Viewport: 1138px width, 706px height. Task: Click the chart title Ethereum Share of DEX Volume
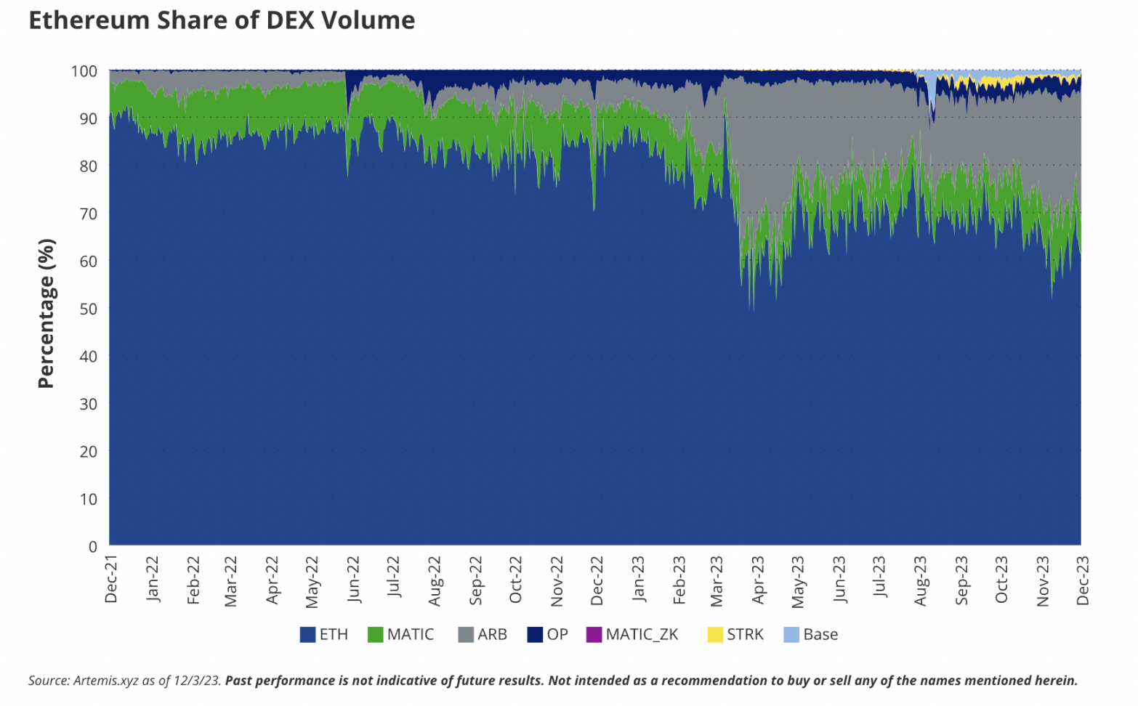pos(222,20)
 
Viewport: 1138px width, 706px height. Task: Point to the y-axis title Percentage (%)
pos(46,313)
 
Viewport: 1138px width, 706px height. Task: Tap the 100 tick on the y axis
pos(84,71)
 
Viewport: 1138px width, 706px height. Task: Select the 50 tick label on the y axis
pos(89,309)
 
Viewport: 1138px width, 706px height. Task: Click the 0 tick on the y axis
pos(93,546)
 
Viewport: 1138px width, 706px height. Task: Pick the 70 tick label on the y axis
pos(89,214)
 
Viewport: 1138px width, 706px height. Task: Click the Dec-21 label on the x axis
pos(111,580)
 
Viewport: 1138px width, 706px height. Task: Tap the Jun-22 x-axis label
pos(354,580)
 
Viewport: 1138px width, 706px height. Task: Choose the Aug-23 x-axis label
pos(921,580)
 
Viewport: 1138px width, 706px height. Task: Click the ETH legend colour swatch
pos(307,635)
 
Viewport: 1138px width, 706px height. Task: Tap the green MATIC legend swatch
pos(375,635)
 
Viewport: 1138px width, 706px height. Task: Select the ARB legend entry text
pos(492,635)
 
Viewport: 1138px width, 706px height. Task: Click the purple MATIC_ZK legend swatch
pos(594,635)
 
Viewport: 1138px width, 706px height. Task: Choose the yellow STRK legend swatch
pos(715,635)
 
